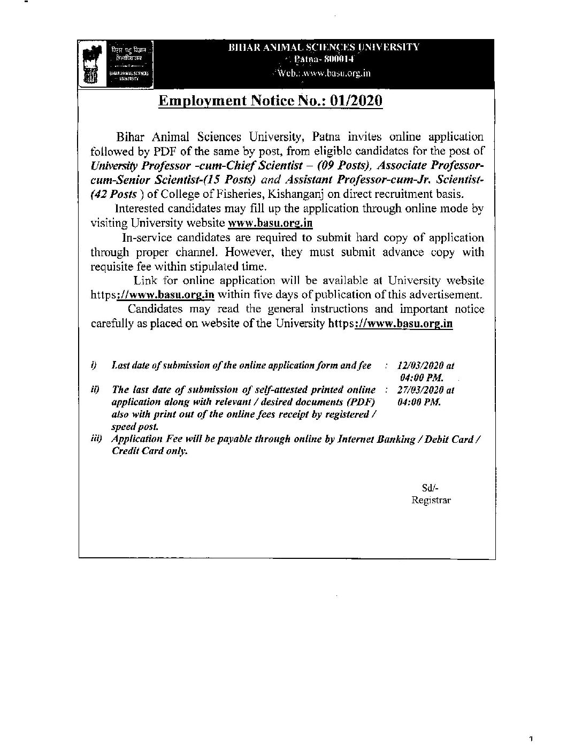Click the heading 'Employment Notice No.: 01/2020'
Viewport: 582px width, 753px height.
coord(271,101)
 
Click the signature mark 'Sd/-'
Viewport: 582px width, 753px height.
coord(430,487)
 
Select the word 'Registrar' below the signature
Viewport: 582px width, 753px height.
coord(431,500)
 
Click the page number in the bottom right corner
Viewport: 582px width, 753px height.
coord(531,740)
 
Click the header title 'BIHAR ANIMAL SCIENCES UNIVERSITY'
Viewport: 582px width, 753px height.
coord(324,47)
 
